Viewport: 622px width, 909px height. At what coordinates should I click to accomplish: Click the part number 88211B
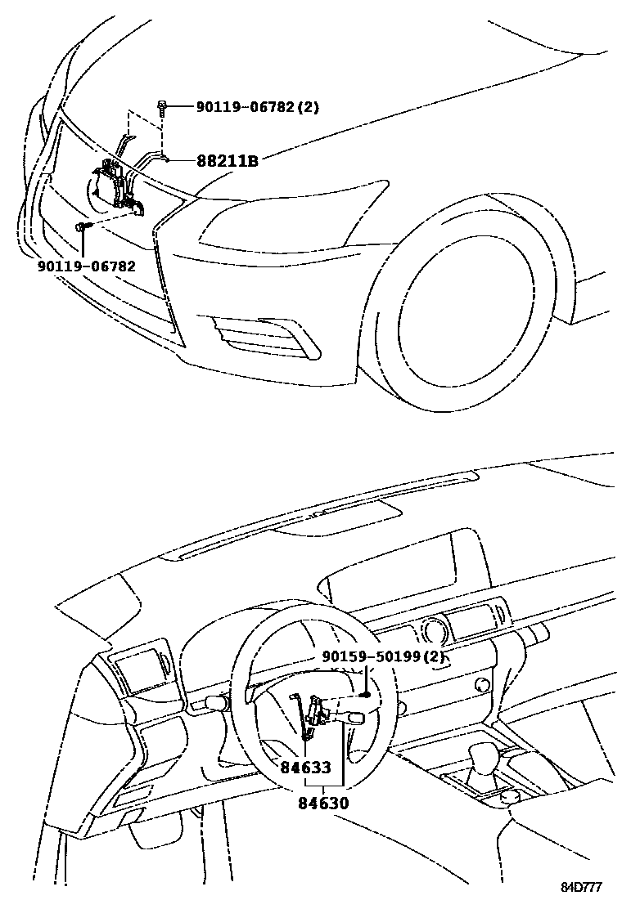click(x=227, y=161)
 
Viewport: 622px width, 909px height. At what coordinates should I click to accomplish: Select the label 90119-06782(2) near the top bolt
click(x=257, y=107)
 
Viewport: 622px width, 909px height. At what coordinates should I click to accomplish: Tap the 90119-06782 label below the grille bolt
click(x=86, y=266)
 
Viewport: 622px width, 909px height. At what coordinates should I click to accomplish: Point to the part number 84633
click(x=305, y=768)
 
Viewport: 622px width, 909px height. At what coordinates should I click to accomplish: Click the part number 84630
click(x=323, y=803)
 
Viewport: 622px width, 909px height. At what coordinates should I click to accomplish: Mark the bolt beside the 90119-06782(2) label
click(x=163, y=105)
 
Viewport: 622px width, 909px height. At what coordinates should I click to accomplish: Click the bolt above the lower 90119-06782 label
click(x=82, y=226)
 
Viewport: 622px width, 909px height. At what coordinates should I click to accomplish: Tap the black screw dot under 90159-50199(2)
click(x=366, y=695)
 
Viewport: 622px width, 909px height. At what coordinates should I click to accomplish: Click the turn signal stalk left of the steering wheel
click(x=216, y=701)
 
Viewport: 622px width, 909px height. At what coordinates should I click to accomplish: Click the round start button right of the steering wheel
click(x=482, y=683)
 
